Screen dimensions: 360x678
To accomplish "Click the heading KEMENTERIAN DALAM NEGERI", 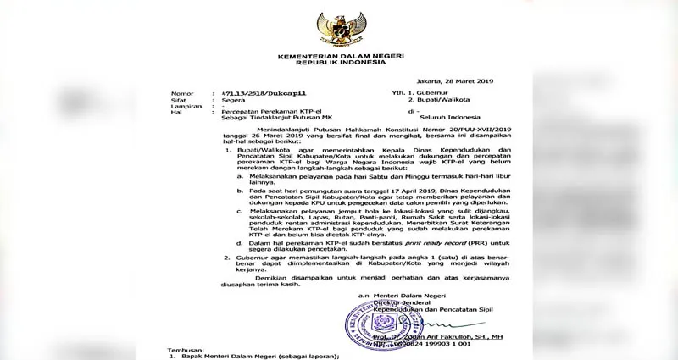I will click(338, 54).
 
